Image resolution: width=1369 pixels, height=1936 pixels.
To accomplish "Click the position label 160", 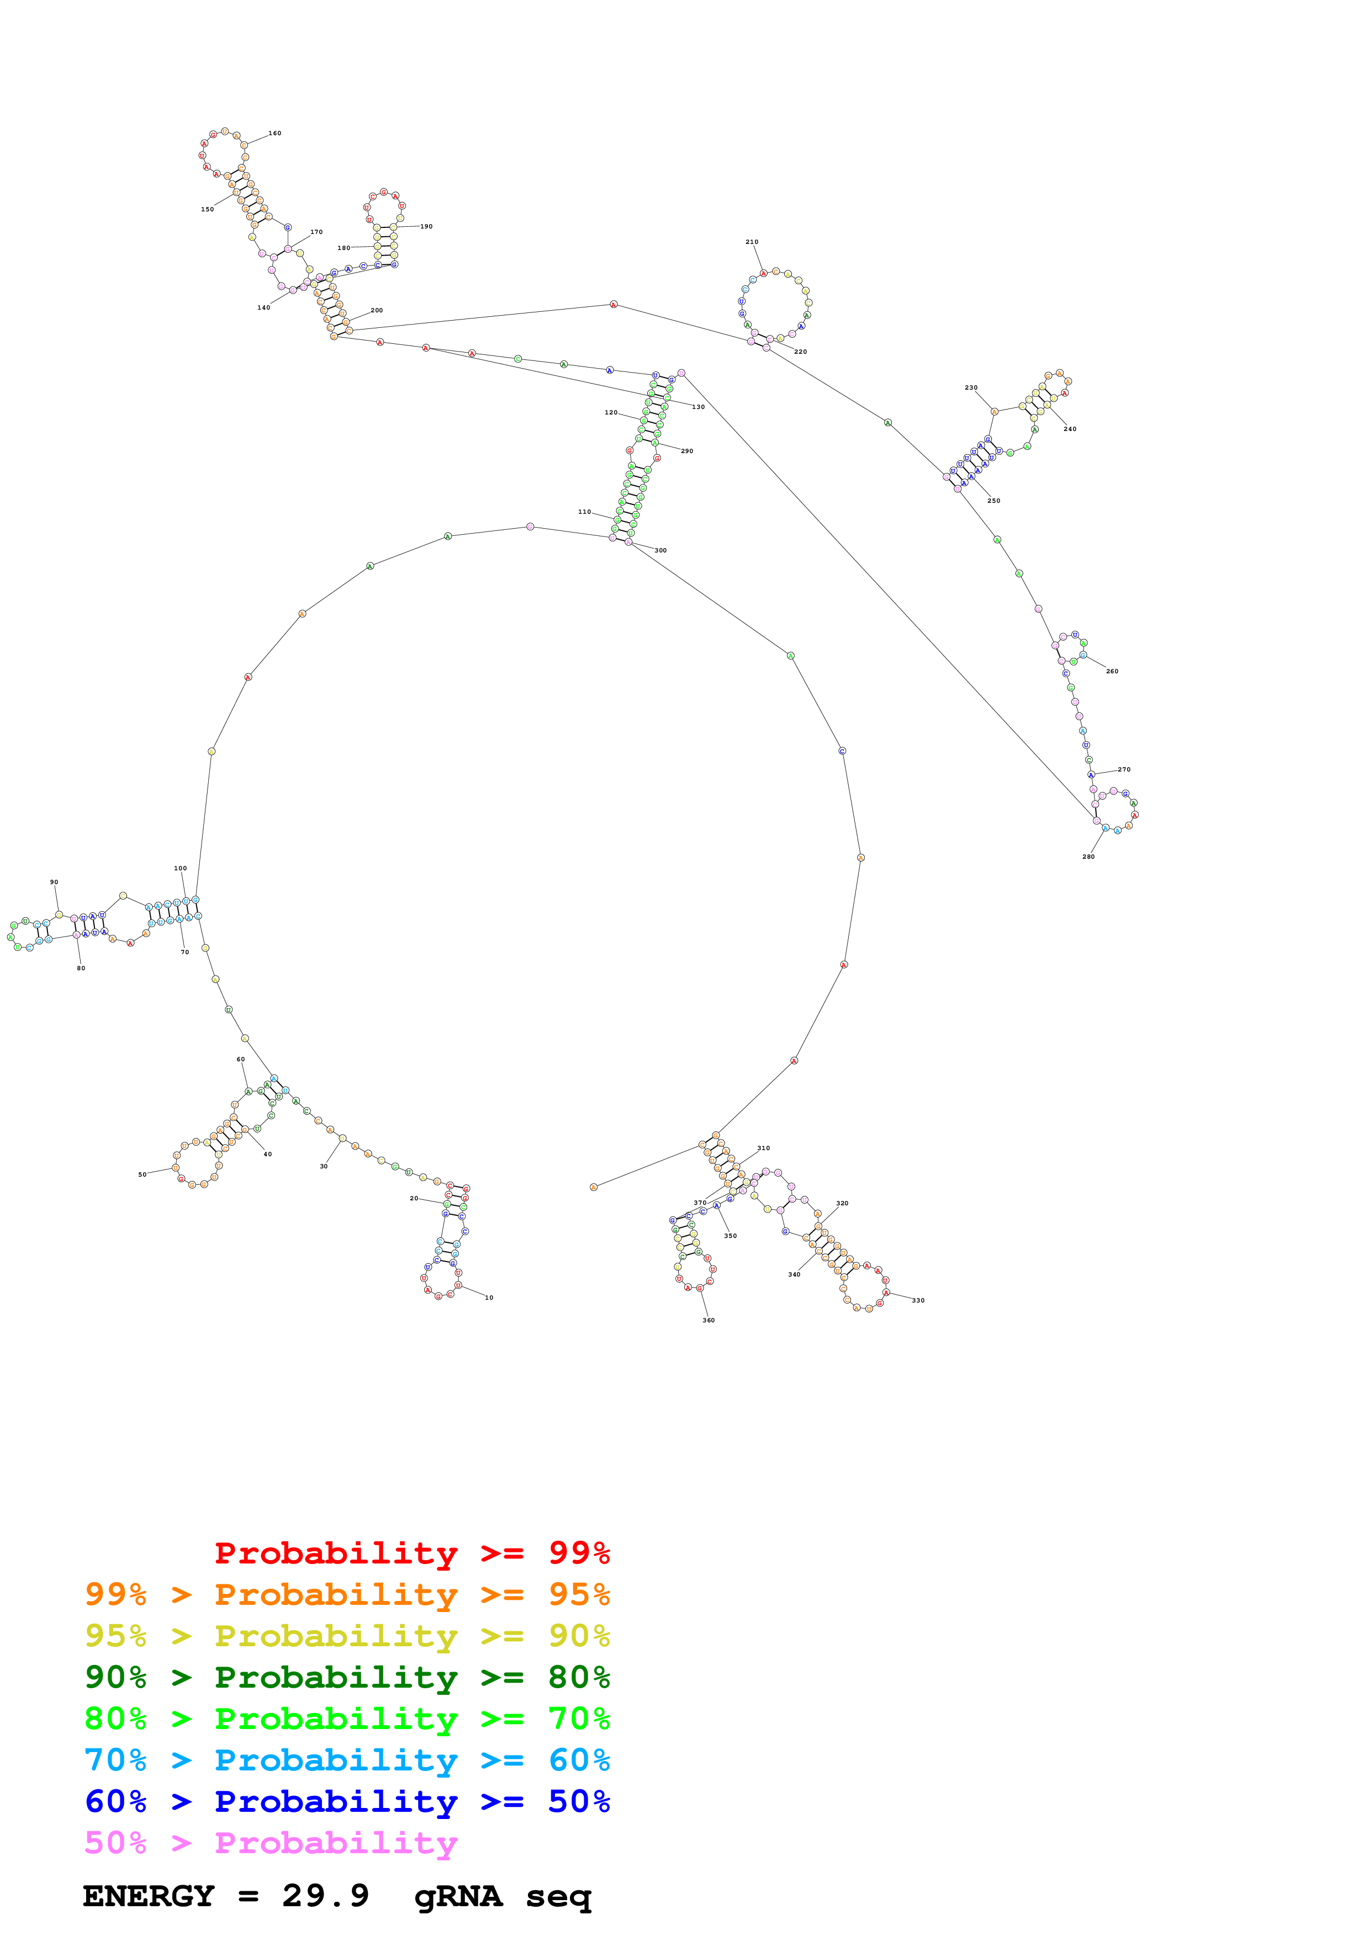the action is pos(275,133).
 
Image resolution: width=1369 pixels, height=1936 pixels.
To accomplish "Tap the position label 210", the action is pos(752,242).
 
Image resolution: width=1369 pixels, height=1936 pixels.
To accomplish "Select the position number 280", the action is pos(1088,857).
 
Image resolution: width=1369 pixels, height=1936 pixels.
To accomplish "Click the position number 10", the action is pos(489,1297).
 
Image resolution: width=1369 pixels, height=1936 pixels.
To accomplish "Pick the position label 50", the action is pos(142,1174).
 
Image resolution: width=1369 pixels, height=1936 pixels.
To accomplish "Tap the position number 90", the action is pos(54,882).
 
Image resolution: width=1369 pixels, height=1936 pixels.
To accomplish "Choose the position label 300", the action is pos(660,551).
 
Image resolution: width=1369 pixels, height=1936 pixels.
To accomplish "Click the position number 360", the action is pos(709,1321).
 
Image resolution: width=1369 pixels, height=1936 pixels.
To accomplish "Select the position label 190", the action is pos(427,227).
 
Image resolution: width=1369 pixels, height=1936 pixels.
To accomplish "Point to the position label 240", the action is pos(1070,429).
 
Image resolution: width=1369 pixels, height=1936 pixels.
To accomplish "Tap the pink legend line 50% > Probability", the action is pos(270,1843).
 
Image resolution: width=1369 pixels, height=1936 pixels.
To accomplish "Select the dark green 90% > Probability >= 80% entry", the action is pos(347,1677).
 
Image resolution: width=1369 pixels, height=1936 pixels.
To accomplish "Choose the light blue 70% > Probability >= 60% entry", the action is pos(347,1761).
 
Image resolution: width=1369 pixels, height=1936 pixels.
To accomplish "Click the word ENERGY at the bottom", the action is pos(149,1896).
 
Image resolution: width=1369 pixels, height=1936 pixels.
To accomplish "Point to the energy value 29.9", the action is pos(326,1896).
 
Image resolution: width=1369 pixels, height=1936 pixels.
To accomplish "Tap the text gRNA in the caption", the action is pos(458,1896).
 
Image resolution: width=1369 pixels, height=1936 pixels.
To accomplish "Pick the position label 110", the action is pos(585,512).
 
